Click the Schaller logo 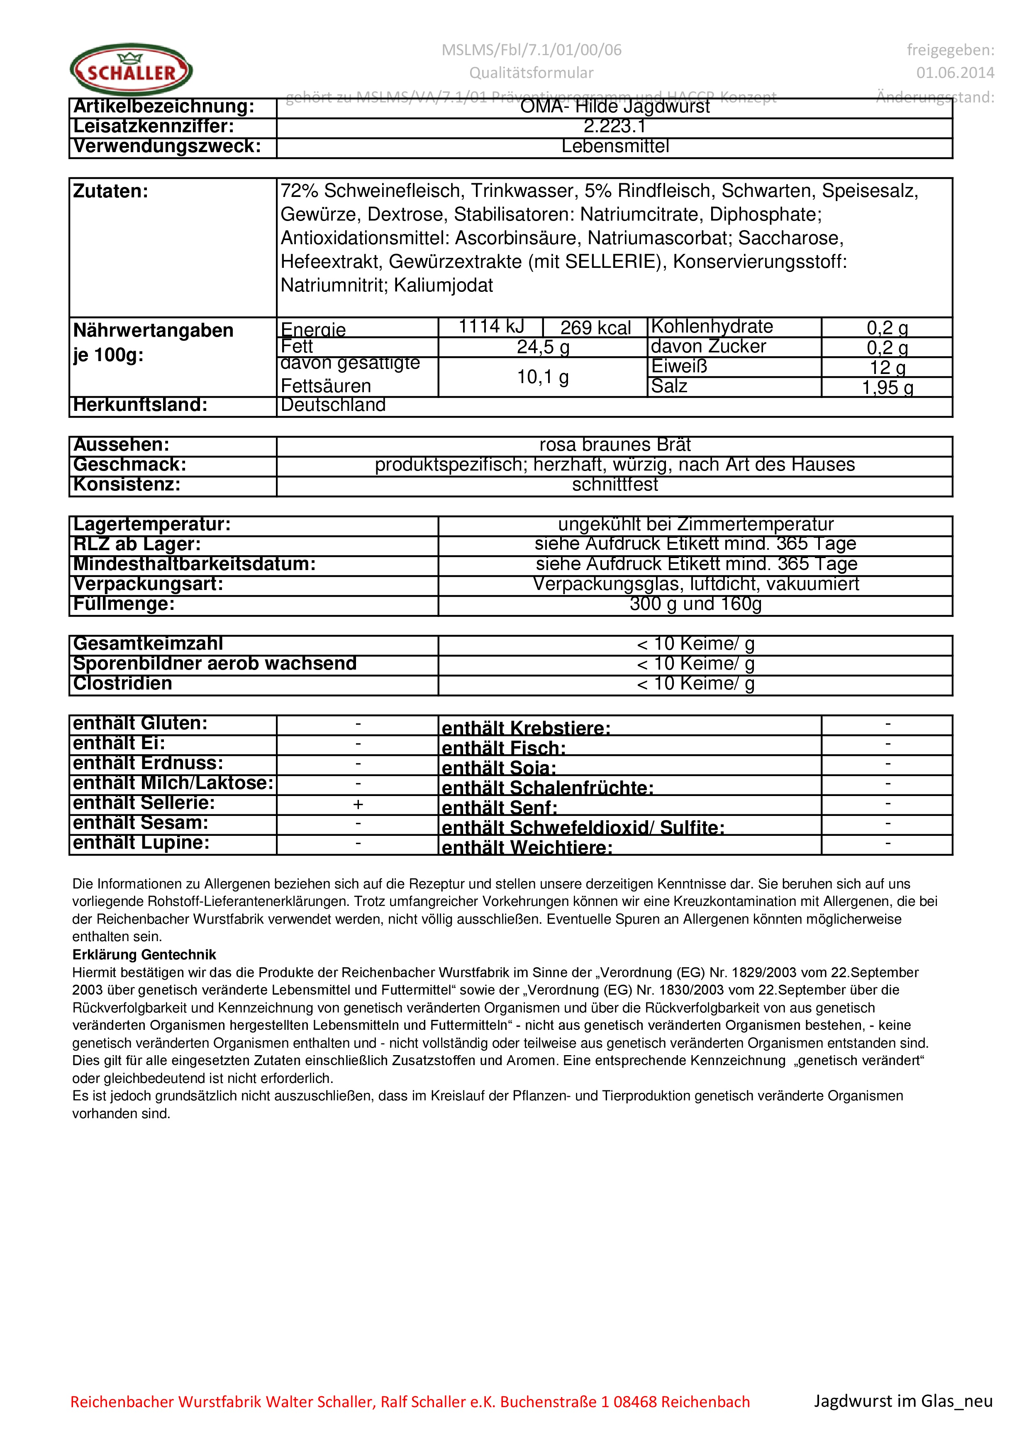tap(131, 70)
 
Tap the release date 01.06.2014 tap(955, 73)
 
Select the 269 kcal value tap(595, 328)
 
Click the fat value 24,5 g tap(543, 347)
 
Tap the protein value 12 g tap(887, 367)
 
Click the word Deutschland tap(333, 405)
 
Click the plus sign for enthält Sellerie tap(358, 805)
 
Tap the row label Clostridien tap(123, 684)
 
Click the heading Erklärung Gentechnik tap(144, 954)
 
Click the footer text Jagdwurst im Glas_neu tap(903, 1401)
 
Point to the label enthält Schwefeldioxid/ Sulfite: tap(583, 828)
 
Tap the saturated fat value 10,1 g tap(543, 377)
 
